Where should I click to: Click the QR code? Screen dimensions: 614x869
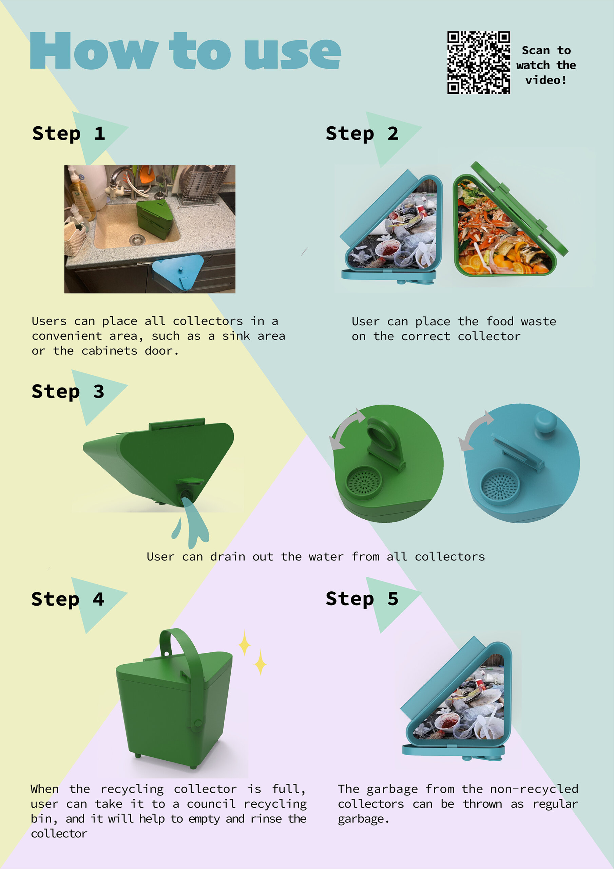click(479, 62)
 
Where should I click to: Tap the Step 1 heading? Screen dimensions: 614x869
click(69, 134)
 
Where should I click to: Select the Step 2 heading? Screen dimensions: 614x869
click(362, 134)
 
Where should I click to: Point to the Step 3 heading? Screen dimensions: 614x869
click(68, 392)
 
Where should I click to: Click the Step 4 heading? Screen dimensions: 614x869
click(68, 599)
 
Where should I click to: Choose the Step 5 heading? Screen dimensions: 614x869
click(362, 599)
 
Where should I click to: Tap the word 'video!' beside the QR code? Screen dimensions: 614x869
click(546, 80)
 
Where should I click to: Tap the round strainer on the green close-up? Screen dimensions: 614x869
click(364, 481)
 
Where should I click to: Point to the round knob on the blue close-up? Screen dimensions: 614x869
click(546, 423)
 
